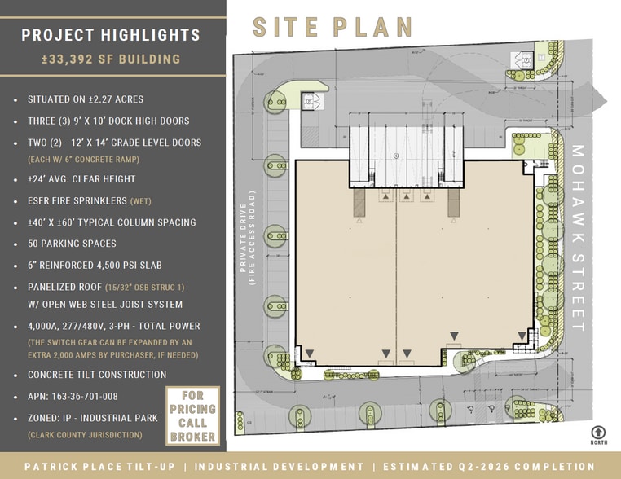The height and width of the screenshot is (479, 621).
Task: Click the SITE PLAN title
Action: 333,26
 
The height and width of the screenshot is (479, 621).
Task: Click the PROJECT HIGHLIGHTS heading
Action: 111,35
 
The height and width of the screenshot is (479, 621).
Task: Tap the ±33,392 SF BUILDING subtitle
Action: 111,59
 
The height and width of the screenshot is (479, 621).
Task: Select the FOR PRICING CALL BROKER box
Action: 192,415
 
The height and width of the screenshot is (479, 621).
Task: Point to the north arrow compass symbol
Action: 599,433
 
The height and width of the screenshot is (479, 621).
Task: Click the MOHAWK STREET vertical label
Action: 579,236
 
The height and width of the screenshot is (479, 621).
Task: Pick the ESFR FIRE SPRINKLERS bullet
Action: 90,200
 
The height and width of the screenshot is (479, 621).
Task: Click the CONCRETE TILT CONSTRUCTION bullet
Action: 96,375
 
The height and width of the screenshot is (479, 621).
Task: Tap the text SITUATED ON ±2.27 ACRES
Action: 85,99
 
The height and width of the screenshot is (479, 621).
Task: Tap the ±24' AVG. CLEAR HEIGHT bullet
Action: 81,179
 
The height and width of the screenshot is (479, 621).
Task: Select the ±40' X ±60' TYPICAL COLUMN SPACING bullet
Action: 112,222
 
